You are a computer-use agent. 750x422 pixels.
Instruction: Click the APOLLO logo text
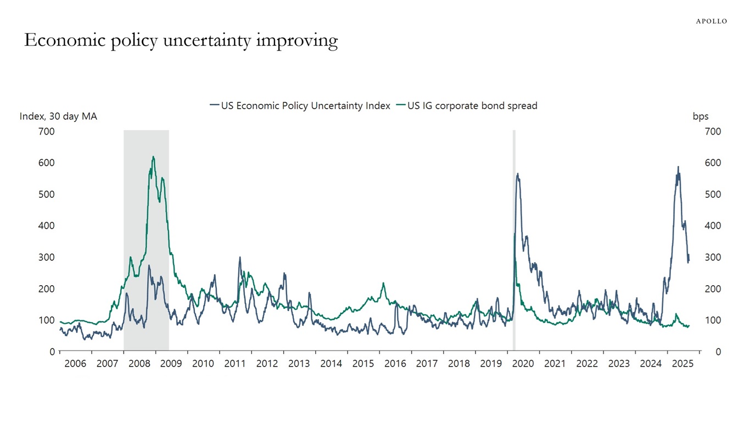click(711, 21)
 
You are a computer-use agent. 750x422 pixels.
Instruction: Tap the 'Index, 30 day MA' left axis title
click(58, 116)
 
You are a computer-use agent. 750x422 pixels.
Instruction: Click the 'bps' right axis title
click(701, 116)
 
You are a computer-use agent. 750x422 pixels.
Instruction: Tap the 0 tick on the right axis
click(718, 352)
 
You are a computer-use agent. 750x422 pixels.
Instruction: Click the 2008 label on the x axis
click(139, 364)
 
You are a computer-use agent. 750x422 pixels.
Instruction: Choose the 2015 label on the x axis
click(363, 364)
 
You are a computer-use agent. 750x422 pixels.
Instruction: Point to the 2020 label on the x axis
click(523, 364)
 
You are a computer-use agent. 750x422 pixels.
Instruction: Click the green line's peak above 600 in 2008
click(153, 157)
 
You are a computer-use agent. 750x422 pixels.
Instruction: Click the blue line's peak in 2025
click(678, 167)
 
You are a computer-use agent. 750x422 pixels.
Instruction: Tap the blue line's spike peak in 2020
click(517, 174)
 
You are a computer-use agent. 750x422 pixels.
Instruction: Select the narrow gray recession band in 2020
click(514, 242)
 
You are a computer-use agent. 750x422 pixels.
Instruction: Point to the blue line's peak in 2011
click(240, 257)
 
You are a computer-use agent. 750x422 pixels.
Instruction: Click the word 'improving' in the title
click(297, 41)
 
